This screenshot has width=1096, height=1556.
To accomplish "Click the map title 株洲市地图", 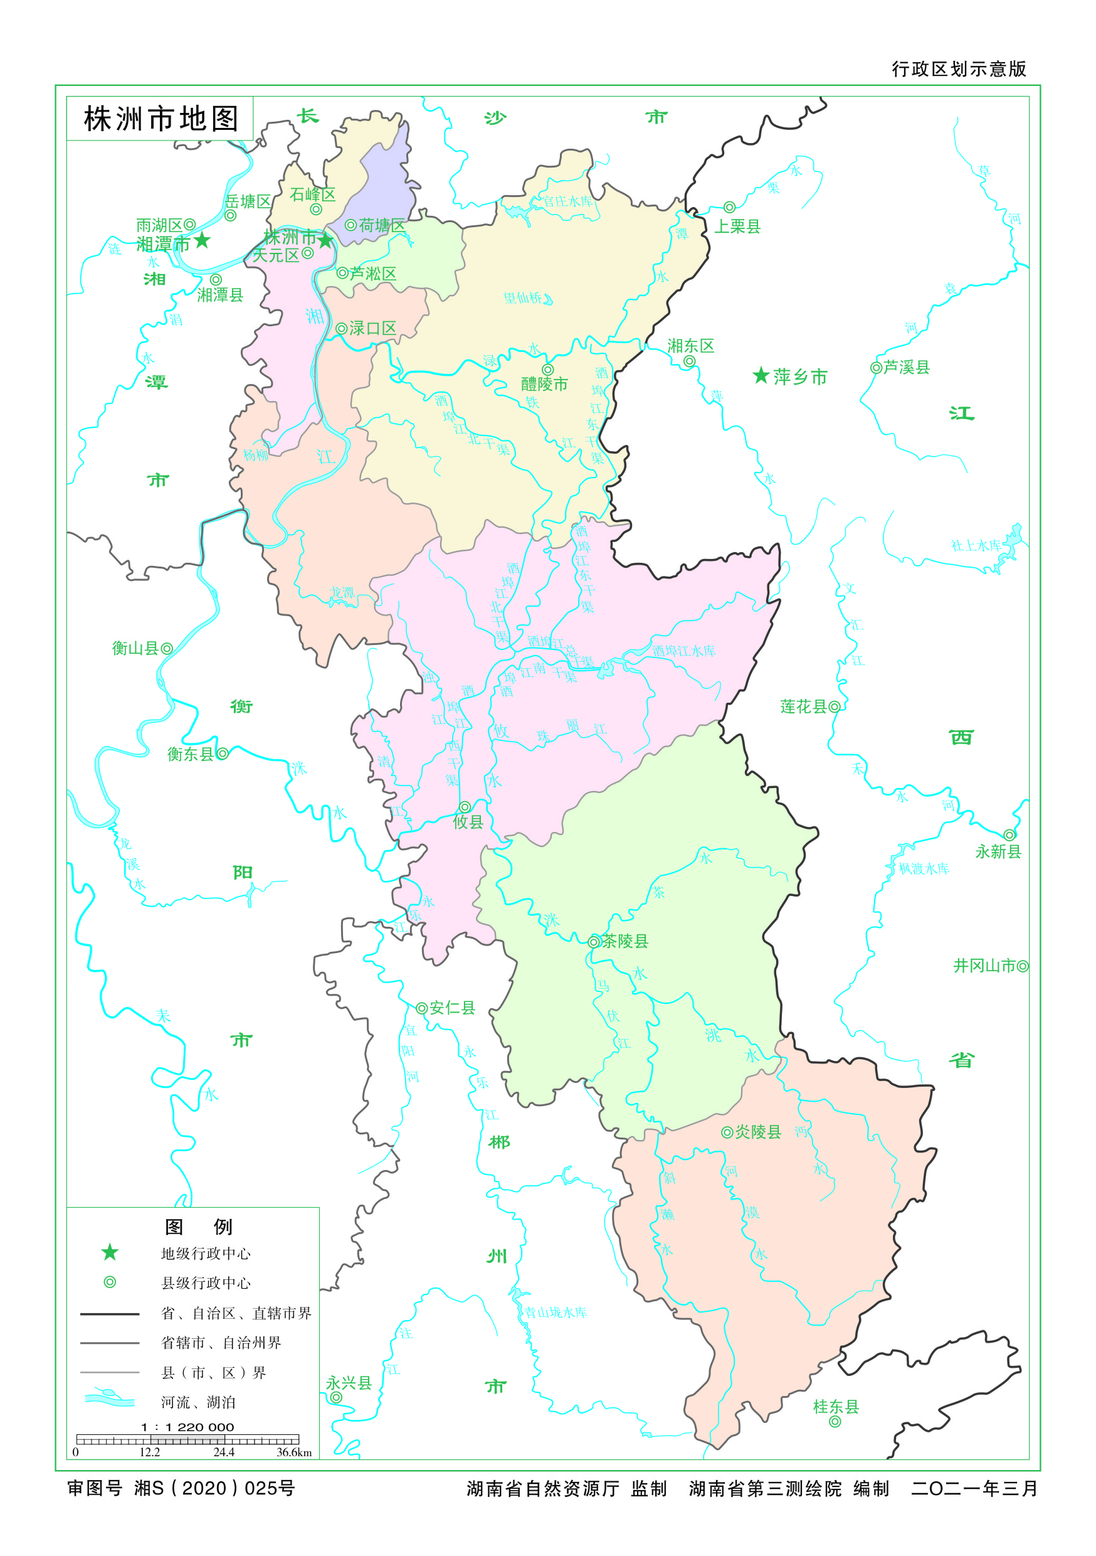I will (x=161, y=119).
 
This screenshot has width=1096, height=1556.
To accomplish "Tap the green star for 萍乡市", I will (x=761, y=375).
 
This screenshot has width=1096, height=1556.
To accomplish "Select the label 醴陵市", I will (x=544, y=384).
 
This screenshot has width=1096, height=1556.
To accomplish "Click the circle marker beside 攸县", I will (x=465, y=807).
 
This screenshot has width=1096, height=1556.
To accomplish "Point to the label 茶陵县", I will (x=624, y=941).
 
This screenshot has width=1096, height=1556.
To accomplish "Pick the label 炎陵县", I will (x=758, y=1132).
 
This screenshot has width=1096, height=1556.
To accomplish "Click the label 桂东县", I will (x=836, y=1407).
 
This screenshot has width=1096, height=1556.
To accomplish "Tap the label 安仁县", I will (x=452, y=1008).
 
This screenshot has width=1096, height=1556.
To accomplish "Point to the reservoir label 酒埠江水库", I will (x=683, y=651).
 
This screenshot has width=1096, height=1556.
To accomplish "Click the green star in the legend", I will (x=110, y=1252).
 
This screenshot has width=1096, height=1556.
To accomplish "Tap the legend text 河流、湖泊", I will (x=198, y=1402).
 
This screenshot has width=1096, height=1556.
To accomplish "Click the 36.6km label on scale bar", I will (x=294, y=1452).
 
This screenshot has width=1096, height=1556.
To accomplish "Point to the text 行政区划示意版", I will (x=959, y=69).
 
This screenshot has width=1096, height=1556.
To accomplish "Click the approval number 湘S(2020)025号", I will (x=214, y=1488).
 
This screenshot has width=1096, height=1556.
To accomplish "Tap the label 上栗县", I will (x=737, y=226).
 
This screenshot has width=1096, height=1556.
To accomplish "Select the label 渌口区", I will (x=372, y=329).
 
